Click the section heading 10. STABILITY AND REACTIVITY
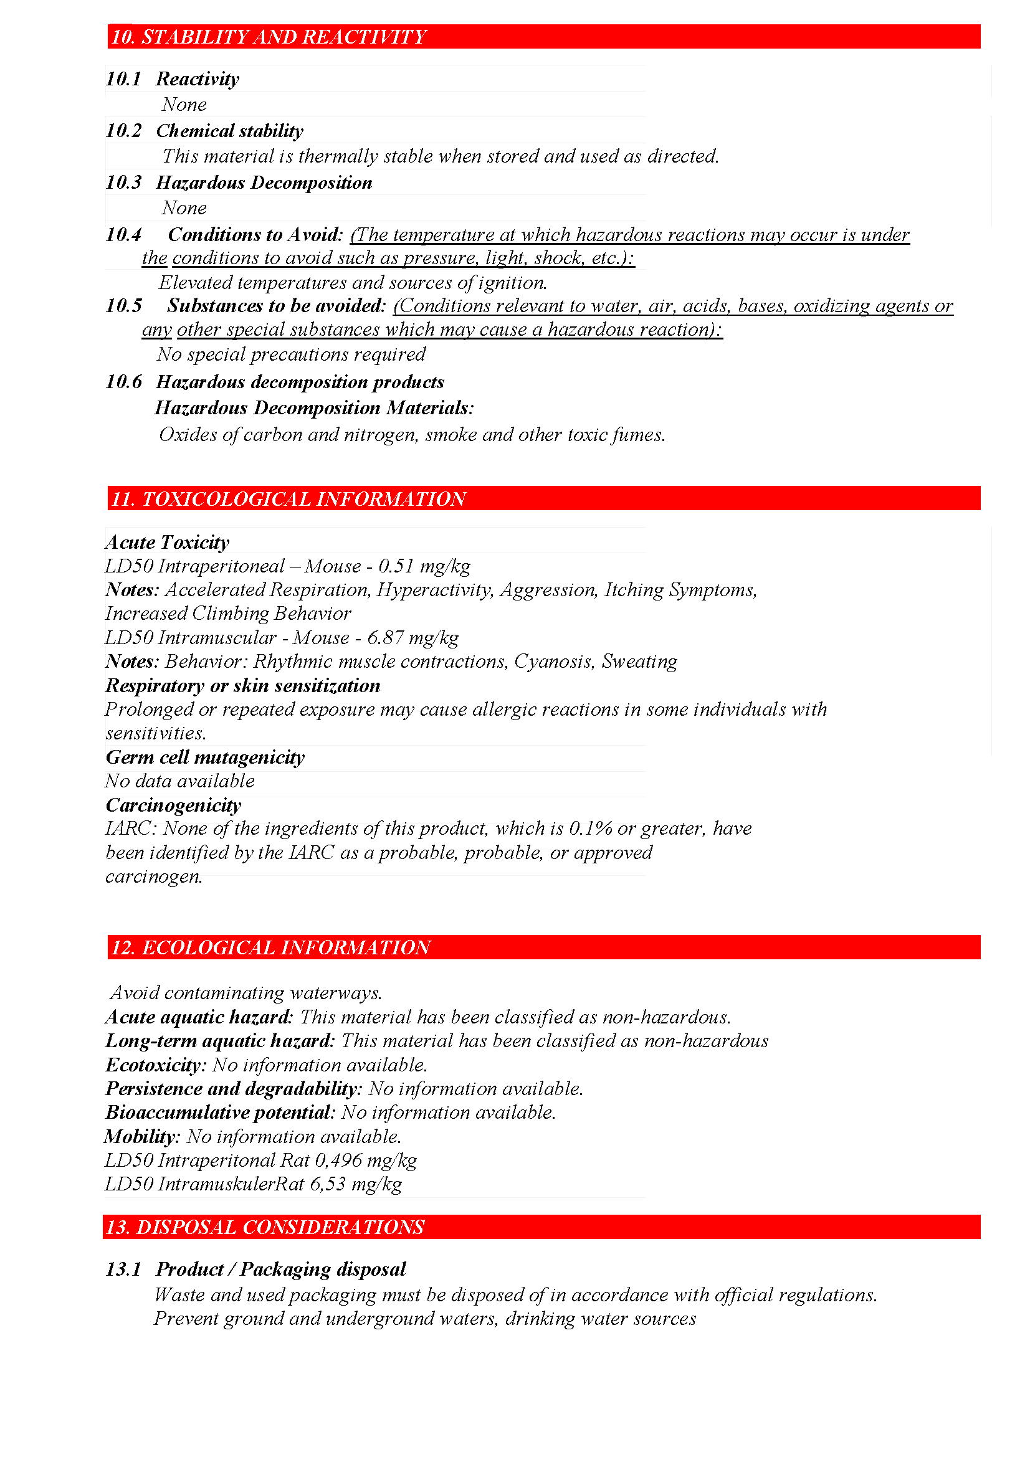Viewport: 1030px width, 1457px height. click(269, 37)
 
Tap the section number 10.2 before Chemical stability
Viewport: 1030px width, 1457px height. click(124, 131)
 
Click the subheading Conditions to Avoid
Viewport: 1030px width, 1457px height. click(254, 235)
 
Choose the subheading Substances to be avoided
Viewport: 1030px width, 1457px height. click(276, 306)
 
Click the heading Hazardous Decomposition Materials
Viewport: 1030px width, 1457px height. click(313, 407)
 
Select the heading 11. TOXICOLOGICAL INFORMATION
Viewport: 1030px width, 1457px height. click(288, 499)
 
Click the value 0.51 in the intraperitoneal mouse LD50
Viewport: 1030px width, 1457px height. click(396, 566)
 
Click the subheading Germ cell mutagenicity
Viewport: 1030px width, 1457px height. click(205, 757)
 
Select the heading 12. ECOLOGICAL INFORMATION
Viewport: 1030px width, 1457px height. click(271, 947)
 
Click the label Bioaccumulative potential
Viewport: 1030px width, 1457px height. click(219, 1112)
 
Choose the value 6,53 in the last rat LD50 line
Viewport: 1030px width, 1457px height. click(328, 1184)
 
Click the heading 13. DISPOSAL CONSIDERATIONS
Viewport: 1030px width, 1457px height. click(265, 1227)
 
